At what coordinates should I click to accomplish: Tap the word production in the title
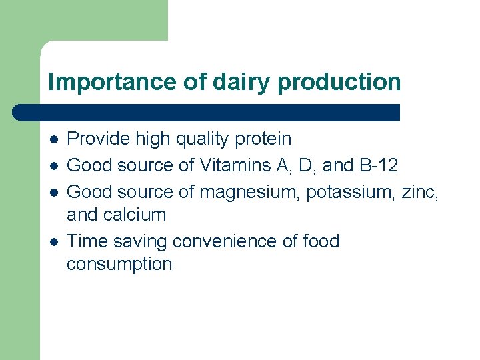(x=339, y=83)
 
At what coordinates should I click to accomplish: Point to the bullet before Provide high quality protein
(x=53, y=139)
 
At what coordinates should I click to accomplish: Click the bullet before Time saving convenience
(x=53, y=241)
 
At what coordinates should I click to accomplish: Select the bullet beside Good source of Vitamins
(x=53, y=165)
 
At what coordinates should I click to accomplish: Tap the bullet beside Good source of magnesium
(x=53, y=192)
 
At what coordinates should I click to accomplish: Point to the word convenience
(x=233, y=241)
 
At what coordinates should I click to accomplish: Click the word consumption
(x=119, y=265)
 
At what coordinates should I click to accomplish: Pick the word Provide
(x=99, y=139)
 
